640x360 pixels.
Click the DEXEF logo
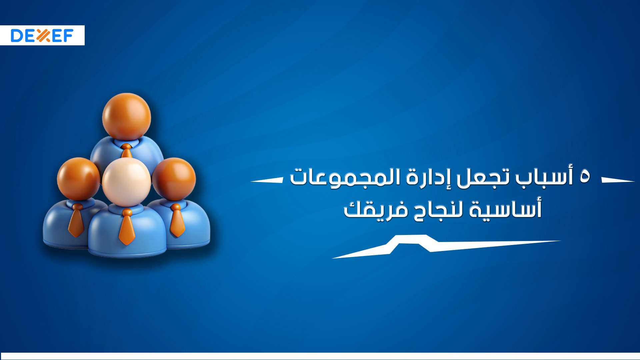click(x=42, y=35)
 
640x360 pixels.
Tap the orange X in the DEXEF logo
click(x=43, y=35)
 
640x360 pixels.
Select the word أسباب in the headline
click(x=544, y=176)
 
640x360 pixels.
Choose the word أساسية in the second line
click(x=505, y=209)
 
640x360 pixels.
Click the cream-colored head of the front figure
click(x=126, y=182)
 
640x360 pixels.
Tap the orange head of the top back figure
click(x=126, y=117)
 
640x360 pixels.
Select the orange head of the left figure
click(x=78, y=178)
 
